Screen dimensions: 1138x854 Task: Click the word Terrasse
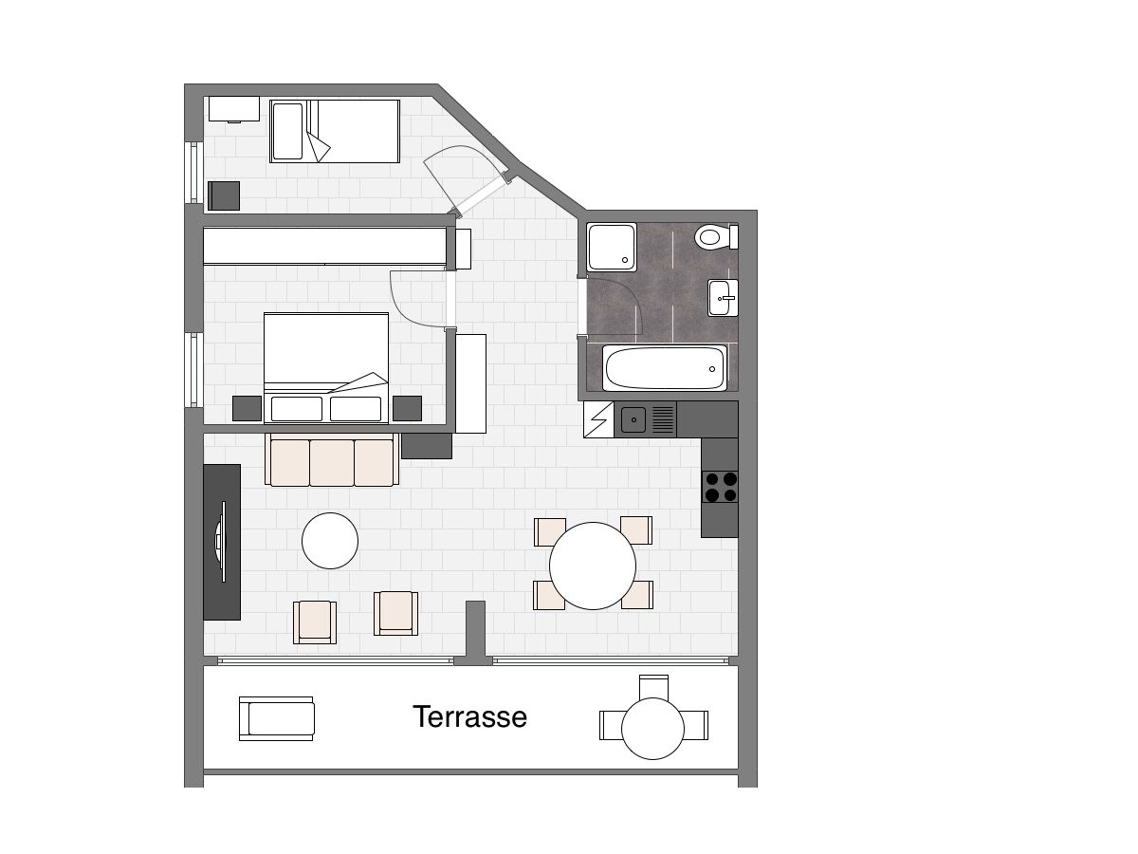click(x=469, y=716)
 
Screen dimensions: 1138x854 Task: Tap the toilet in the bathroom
click(x=716, y=237)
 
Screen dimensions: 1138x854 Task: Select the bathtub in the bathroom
click(x=665, y=368)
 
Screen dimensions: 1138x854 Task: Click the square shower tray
click(x=612, y=247)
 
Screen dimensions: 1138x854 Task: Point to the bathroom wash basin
click(x=723, y=298)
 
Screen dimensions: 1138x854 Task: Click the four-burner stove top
click(x=720, y=487)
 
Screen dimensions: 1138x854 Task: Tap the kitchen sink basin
click(x=633, y=419)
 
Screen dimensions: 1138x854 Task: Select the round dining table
click(x=593, y=566)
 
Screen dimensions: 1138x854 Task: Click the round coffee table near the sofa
click(x=330, y=541)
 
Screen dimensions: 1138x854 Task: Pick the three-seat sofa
click(x=332, y=460)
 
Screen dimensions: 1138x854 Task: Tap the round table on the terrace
click(x=652, y=729)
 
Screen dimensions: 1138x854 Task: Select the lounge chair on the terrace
click(x=276, y=718)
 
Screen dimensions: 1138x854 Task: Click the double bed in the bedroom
click(x=326, y=367)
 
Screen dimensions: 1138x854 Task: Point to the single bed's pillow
click(x=287, y=131)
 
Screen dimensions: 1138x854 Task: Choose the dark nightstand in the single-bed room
click(x=224, y=195)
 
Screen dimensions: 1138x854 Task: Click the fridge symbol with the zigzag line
click(x=598, y=419)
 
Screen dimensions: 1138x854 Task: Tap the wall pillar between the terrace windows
click(x=475, y=633)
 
